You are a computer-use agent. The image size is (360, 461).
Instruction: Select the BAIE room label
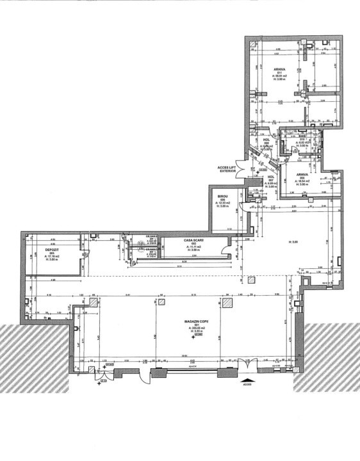[x=302, y=136]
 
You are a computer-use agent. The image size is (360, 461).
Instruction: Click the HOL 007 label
[x=270, y=177]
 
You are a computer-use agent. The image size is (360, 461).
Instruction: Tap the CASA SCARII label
[x=193, y=239]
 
